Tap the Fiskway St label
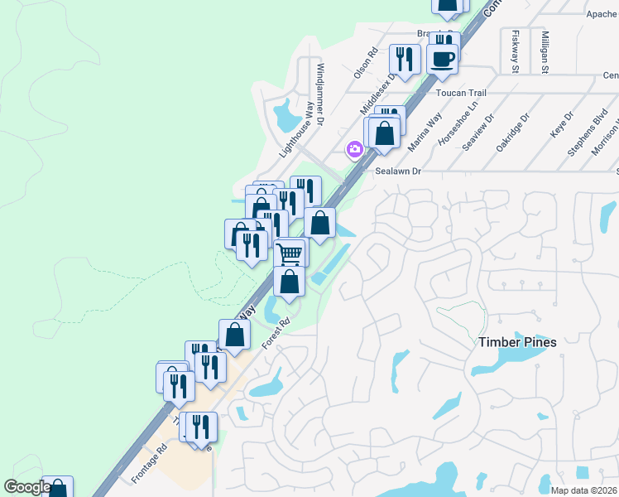515,51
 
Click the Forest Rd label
277,334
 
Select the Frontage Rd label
149,464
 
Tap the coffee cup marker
443,60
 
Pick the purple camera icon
354,149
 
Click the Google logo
26,487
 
